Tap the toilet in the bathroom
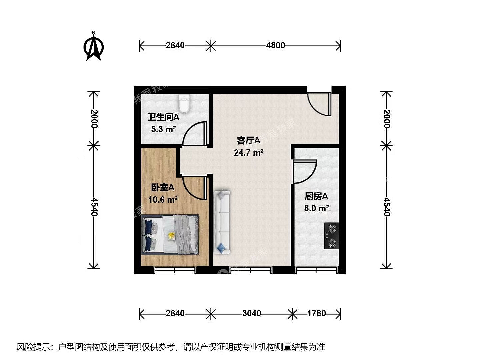tap(184, 104)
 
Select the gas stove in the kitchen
tap(332, 236)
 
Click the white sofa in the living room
tap(222, 222)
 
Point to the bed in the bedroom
tap(170, 235)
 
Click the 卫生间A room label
tap(163, 117)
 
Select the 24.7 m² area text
tap(249, 153)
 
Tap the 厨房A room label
tap(316, 197)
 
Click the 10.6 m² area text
tap(163, 200)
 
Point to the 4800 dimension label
tap(276, 45)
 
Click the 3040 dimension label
tap(252, 313)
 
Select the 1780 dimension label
tap(316, 313)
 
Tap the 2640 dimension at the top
tap(175, 45)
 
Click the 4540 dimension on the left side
tap(94, 207)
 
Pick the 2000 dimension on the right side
tap(387, 119)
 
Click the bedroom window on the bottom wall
tap(175, 270)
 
